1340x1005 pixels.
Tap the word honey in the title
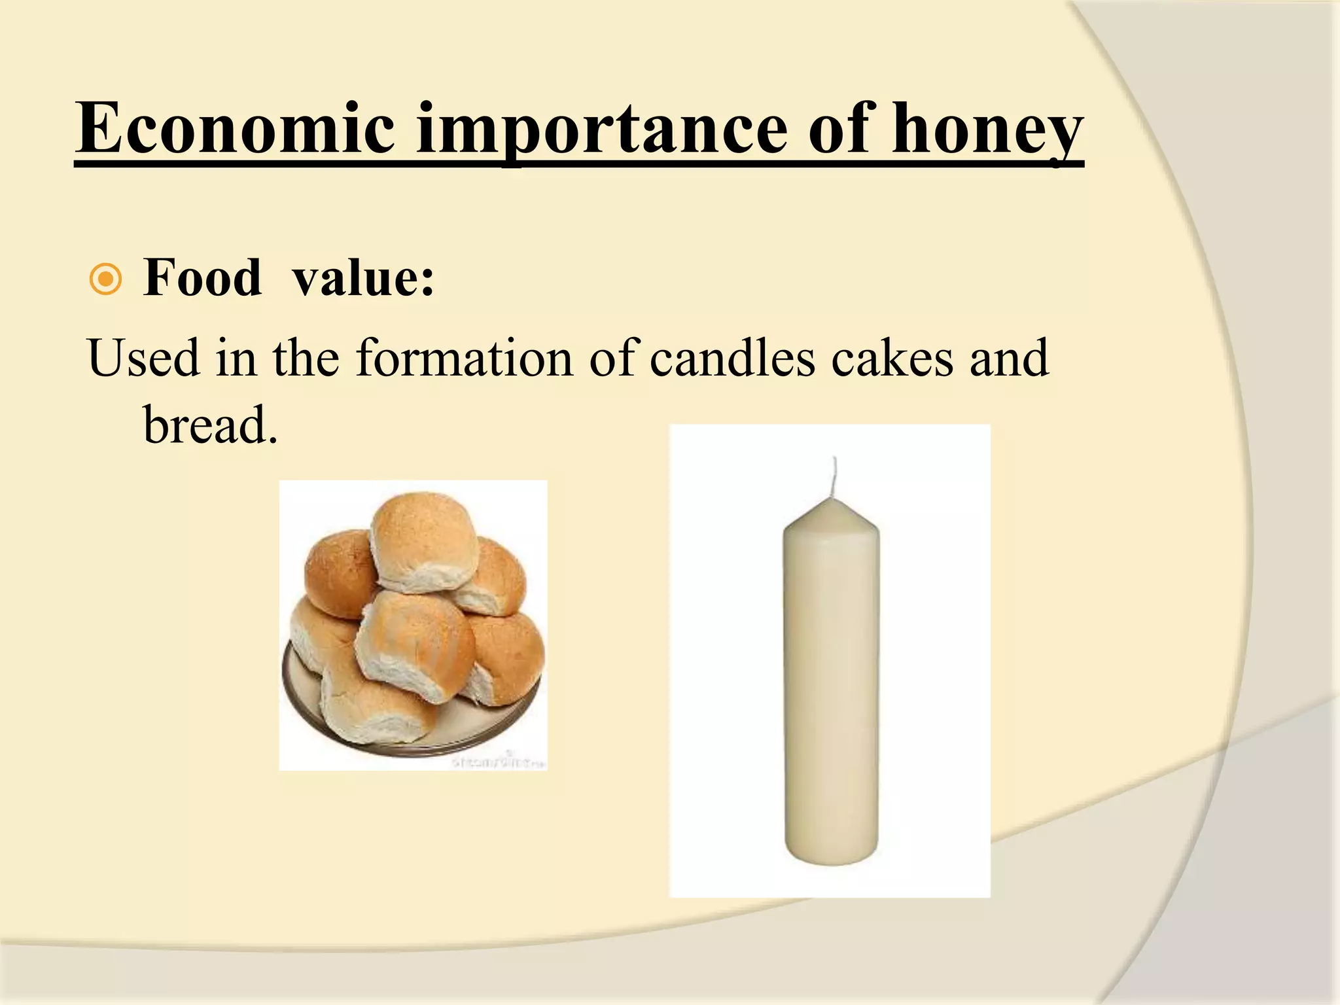pos(987,131)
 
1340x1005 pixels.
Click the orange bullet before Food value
pos(105,280)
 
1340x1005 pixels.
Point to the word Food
pos(202,278)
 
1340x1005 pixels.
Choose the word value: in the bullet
pos(363,278)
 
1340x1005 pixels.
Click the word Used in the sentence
pos(143,358)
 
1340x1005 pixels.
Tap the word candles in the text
pos(732,358)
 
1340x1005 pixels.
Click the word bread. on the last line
pos(210,425)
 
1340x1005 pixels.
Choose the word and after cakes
pos(1009,358)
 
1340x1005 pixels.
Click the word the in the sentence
pos(306,358)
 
